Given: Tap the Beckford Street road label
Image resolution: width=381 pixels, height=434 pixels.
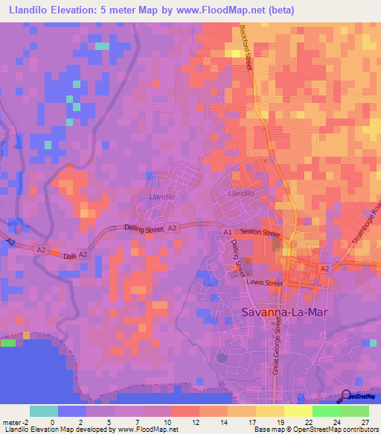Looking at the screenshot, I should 246,48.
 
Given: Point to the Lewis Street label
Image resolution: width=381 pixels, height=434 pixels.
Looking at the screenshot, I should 266,283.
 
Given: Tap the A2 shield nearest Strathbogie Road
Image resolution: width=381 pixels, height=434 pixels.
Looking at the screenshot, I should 324,268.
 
